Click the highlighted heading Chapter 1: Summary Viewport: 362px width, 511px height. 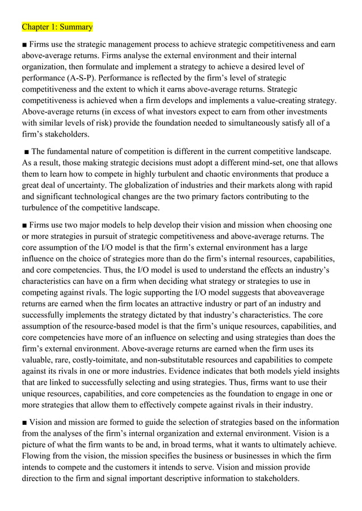[57, 27]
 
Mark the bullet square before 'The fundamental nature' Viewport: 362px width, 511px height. [27, 151]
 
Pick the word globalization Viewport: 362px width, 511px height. [156, 185]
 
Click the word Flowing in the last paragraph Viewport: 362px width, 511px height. [37, 456]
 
